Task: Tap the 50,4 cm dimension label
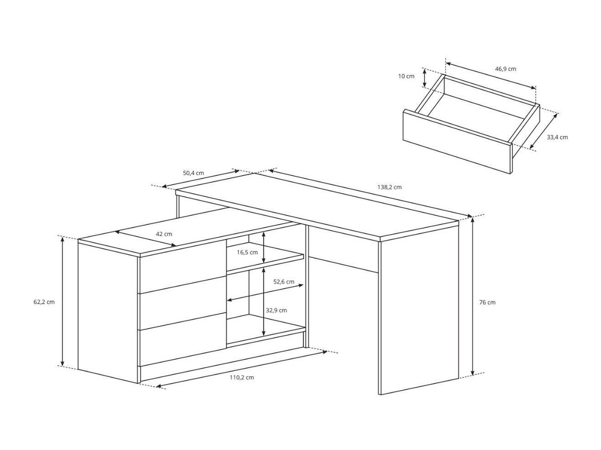pos(193,173)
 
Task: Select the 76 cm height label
pos(487,302)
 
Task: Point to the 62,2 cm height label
pos(44,302)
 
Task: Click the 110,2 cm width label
pos(242,377)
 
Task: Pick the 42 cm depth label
pos(164,234)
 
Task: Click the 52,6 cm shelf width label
pos(284,281)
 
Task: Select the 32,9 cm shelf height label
pos(276,310)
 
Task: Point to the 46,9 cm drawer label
pos(505,69)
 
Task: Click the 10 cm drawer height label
pos(406,76)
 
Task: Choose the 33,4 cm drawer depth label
pos(557,137)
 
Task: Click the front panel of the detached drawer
pos(456,142)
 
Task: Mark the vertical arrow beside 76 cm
pos(474,296)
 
